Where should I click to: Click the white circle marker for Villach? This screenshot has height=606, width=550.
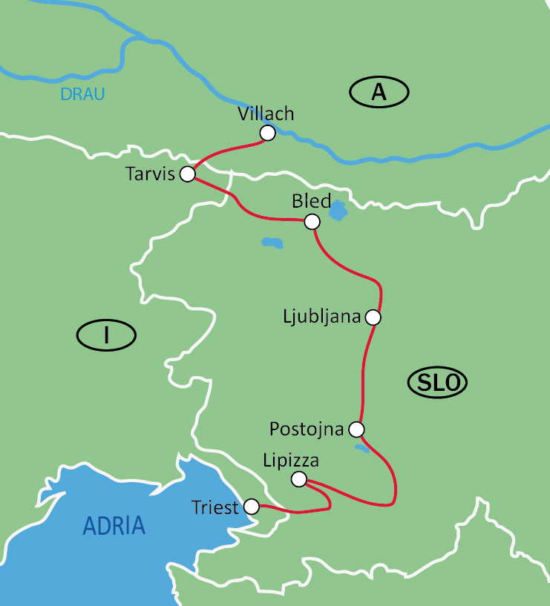click(268, 133)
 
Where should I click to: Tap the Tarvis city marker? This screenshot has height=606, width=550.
click(188, 174)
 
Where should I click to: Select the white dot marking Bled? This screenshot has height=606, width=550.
click(312, 222)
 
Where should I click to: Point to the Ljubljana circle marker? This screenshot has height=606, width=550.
click(373, 317)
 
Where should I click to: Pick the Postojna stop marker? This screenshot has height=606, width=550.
click(357, 429)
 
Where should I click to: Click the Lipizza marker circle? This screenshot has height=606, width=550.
click(298, 479)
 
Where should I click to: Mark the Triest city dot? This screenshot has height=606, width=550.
click(252, 507)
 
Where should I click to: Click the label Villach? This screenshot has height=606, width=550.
click(266, 114)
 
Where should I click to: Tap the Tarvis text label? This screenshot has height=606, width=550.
click(150, 174)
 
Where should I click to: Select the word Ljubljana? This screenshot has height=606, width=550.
click(321, 317)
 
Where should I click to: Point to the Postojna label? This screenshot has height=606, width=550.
click(307, 429)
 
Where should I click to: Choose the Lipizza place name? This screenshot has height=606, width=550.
click(291, 461)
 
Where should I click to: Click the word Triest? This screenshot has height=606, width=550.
click(215, 507)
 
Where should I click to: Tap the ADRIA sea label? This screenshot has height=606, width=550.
click(114, 526)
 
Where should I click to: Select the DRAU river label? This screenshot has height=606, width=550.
click(82, 94)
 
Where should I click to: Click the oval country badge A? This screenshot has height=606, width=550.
click(379, 92)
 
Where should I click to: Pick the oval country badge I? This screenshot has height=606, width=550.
click(106, 335)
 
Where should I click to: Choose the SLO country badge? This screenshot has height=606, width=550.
click(438, 383)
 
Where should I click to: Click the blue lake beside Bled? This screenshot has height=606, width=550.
click(338, 211)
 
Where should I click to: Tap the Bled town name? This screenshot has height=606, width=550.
click(312, 202)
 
